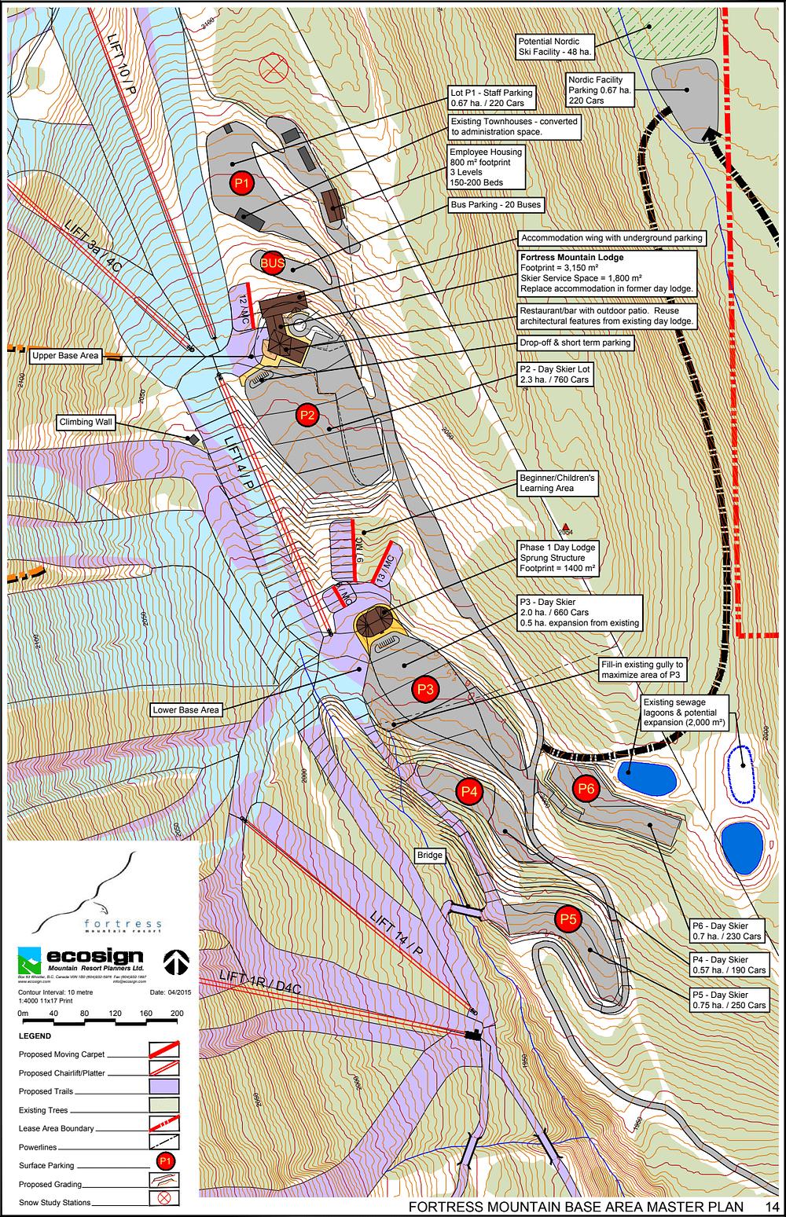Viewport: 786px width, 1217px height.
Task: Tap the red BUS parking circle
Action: pos(272,263)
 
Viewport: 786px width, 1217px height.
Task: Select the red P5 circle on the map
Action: pos(567,918)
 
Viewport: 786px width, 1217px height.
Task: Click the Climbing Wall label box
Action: pos(86,423)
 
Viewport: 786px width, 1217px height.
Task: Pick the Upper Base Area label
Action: pos(66,356)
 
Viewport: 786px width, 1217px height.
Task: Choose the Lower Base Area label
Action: pos(187,710)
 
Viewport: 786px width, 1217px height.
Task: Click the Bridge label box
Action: pos(431,855)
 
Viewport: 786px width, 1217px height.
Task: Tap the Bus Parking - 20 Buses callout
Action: pos(495,205)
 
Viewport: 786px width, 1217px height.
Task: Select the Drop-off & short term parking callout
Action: pos(575,343)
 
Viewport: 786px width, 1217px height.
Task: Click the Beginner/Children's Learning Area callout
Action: pos(556,482)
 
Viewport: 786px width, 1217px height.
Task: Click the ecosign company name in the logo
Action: pos(94,956)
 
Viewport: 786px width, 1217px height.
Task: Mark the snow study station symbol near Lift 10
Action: pos(273,67)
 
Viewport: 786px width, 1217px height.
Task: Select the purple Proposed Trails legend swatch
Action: pos(164,1087)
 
